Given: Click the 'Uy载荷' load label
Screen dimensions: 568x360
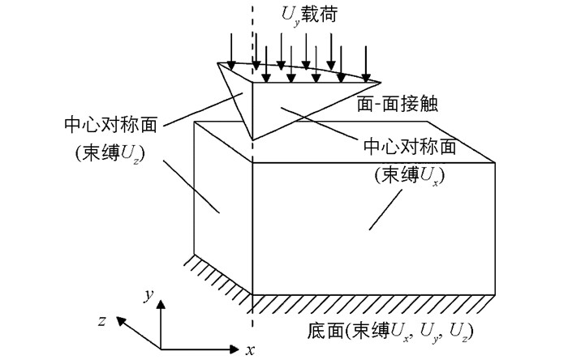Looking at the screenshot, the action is coord(309,16).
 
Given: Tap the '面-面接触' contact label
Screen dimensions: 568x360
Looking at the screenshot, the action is coord(398,105).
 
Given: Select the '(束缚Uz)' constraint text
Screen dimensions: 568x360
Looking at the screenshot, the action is coord(110,155).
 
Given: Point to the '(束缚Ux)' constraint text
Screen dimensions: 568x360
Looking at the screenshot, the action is coord(410,176).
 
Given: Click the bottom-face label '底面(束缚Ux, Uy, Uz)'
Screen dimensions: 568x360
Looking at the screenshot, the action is coord(390,332).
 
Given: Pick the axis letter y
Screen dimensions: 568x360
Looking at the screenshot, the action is coord(148,295).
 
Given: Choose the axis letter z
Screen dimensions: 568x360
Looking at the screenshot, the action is coord(102,320).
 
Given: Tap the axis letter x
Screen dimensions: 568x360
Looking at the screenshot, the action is coord(250,350).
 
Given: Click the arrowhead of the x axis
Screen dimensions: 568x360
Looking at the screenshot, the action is coord(235,349).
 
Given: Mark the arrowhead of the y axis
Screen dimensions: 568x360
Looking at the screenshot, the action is coord(161,304).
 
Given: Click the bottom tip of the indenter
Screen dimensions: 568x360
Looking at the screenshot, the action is coord(252,139).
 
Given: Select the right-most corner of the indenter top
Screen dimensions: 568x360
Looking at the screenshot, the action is coord(381,83).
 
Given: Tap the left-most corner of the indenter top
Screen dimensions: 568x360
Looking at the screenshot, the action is coord(217,63).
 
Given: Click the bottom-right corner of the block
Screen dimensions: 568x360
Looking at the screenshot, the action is coord(495,295).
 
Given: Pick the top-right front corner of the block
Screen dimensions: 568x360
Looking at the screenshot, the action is coord(495,163).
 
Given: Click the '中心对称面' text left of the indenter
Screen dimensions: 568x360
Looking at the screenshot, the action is coord(111,125).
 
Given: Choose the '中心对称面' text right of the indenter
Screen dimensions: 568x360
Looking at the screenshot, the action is coord(410,147).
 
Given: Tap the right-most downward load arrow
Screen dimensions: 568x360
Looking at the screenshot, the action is coord(366,64).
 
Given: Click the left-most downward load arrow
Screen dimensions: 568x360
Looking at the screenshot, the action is coord(231,51).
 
